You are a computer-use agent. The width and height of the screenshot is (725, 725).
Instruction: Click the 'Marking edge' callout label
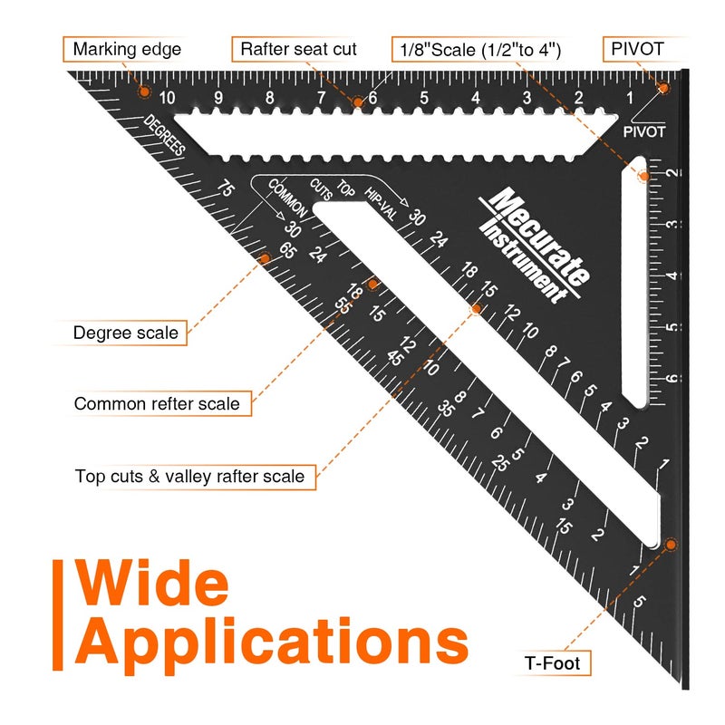[x=127, y=49]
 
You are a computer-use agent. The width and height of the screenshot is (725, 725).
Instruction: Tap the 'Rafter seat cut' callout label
[x=298, y=49]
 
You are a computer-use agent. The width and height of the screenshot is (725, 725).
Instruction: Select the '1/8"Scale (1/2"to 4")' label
[x=480, y=50]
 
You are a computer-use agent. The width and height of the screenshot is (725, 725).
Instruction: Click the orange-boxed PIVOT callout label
[x=637, y=49]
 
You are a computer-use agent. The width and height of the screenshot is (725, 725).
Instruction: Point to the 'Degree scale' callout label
[x=125, y=333]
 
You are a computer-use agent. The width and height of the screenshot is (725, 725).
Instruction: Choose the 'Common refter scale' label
[x=157, y=403]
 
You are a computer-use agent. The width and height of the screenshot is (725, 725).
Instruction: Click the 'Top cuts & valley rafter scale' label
[x=189, y=477]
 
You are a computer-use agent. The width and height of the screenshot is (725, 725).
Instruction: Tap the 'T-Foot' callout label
[x=552, y=663]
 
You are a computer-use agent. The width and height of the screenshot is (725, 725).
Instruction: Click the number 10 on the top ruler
[x=167, y=98]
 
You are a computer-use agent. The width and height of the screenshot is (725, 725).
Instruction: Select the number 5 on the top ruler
[x=423, y=98]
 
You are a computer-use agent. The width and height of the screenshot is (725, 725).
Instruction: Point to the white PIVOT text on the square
[x=644, y=131]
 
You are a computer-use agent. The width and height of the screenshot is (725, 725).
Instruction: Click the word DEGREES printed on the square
[x=164, y=134]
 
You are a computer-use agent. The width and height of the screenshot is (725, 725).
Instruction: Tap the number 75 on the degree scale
[x=226, y=188]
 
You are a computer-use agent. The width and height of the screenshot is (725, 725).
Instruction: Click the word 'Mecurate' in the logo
[x=539, y=236]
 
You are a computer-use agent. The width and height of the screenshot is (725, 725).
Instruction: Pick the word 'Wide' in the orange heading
[x=151, y=583]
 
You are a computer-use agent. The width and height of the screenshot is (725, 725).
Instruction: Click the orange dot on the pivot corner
[x=663, y=88]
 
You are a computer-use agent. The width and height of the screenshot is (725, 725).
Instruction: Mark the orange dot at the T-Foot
[x=671, y=545]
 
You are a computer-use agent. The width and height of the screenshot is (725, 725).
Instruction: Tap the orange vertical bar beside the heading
[x=57, y=615]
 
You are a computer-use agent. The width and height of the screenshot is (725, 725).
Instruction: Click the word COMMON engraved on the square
[x=287, y=198]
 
